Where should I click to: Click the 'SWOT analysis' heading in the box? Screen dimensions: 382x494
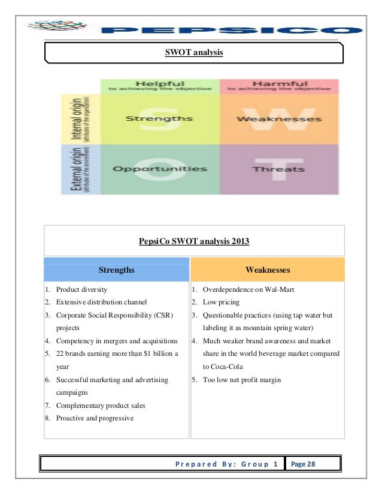tap(194, 53)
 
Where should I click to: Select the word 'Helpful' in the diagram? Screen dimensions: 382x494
tap(159, 84)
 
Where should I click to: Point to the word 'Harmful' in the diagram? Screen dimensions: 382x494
tap(280, 84)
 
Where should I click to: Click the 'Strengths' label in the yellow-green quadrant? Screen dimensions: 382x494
tap(159, 118)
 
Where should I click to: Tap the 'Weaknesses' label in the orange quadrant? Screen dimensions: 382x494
tap(279, 118)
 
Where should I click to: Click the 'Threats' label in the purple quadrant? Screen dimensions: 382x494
tap(278, 169)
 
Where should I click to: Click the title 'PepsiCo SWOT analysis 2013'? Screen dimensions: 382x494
tap(194, 242)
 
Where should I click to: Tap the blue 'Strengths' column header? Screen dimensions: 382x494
tap(116, 270)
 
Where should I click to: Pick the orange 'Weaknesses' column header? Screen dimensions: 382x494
tap(268, 270)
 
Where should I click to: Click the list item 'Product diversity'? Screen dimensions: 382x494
tap(81, 289)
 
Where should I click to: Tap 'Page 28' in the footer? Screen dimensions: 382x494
tap(303, 464)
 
